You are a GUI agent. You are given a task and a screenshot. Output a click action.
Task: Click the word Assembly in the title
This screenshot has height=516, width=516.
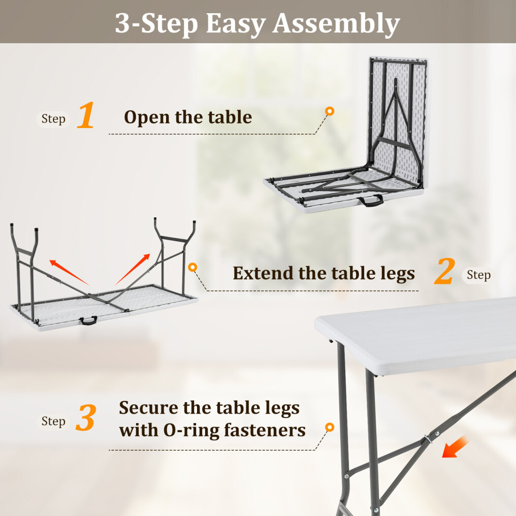[x=336, y=24]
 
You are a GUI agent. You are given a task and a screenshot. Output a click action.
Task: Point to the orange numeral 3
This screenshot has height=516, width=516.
[x=86, y=417]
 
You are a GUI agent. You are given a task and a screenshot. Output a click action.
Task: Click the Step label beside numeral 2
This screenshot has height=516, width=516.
[x=478, y=275]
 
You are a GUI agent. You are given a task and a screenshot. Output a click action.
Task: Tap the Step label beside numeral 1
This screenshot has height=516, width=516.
[x=53, y=119]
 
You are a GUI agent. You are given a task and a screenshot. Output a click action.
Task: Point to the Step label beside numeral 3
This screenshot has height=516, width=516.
[x=53, y=421]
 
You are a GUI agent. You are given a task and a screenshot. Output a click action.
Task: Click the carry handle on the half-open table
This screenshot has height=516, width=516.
[x=371, y=200]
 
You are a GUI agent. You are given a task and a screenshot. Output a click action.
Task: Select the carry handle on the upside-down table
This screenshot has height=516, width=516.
[x=88, y=320]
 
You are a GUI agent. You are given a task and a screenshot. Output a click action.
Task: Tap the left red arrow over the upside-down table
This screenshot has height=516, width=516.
[x=69, y=272]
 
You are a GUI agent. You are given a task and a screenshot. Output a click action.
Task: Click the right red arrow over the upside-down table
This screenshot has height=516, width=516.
[x=133, y=269]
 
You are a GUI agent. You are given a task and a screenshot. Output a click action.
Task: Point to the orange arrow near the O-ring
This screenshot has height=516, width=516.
[x=455, y=446]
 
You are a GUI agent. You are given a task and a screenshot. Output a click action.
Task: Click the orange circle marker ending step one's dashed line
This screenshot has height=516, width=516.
[x=330, y=111]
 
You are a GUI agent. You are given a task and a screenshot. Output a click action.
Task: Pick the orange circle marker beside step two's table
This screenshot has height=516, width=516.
[x=192, y=267]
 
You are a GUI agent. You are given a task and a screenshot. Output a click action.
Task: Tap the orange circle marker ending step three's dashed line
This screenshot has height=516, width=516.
[x=330, y=427]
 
